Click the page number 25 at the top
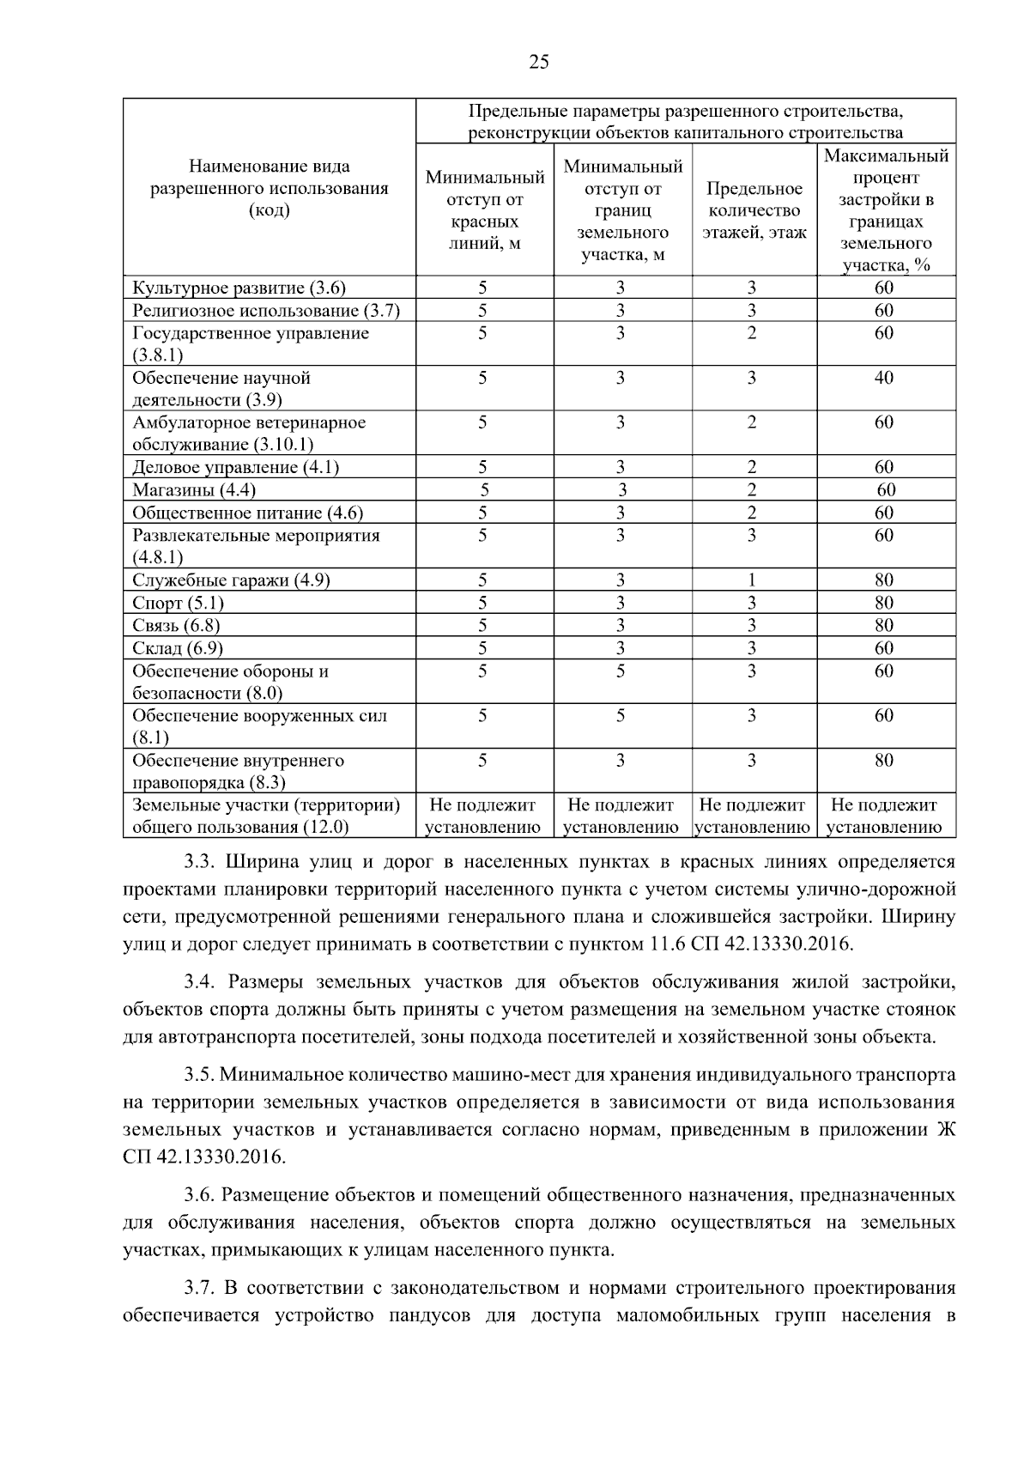tap(539, 62)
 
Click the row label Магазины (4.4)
tap(194, 490)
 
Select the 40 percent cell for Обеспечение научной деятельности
tap(883, 378)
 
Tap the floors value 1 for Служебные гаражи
tap(752, 580)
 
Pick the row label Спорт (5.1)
tap(179, 603)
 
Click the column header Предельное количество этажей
tap(754, 210)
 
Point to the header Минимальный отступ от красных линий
tap(485, 210)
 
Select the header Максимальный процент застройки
tap(886, 210)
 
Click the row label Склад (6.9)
tap(178, 648)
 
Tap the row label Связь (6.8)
tap(176, 626)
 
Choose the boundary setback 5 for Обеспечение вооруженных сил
tap(620, 716)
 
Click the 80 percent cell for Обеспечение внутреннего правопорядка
tap(883, 761)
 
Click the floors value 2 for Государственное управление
tap(752, 333)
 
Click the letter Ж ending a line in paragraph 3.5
tap(946, 1130)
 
